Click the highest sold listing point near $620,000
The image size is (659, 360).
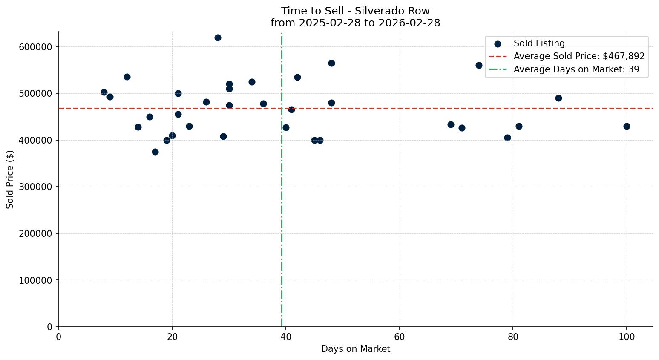coord(218,37)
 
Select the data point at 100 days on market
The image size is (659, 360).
coord(627,126)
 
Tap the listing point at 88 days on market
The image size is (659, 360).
coord(558,98)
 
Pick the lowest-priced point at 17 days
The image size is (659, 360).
coord(155,152)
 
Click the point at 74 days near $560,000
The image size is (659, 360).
coord(479,65)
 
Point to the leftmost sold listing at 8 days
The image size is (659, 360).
coord(104,92)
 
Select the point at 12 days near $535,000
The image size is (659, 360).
coord(127,77)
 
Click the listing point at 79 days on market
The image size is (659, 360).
coord(507,138)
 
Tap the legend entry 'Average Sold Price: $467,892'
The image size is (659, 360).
coord(579,56)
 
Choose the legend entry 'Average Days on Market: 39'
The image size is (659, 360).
coord(576,69)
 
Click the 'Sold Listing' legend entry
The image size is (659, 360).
coord(539,43)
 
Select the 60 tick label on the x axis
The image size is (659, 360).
coord(400,337)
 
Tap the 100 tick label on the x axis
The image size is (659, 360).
coord(627,337)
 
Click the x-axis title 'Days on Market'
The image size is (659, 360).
coord(356,349)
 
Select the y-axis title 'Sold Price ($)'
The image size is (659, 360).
coord(10,179)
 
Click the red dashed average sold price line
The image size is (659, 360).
coord(383,108)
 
